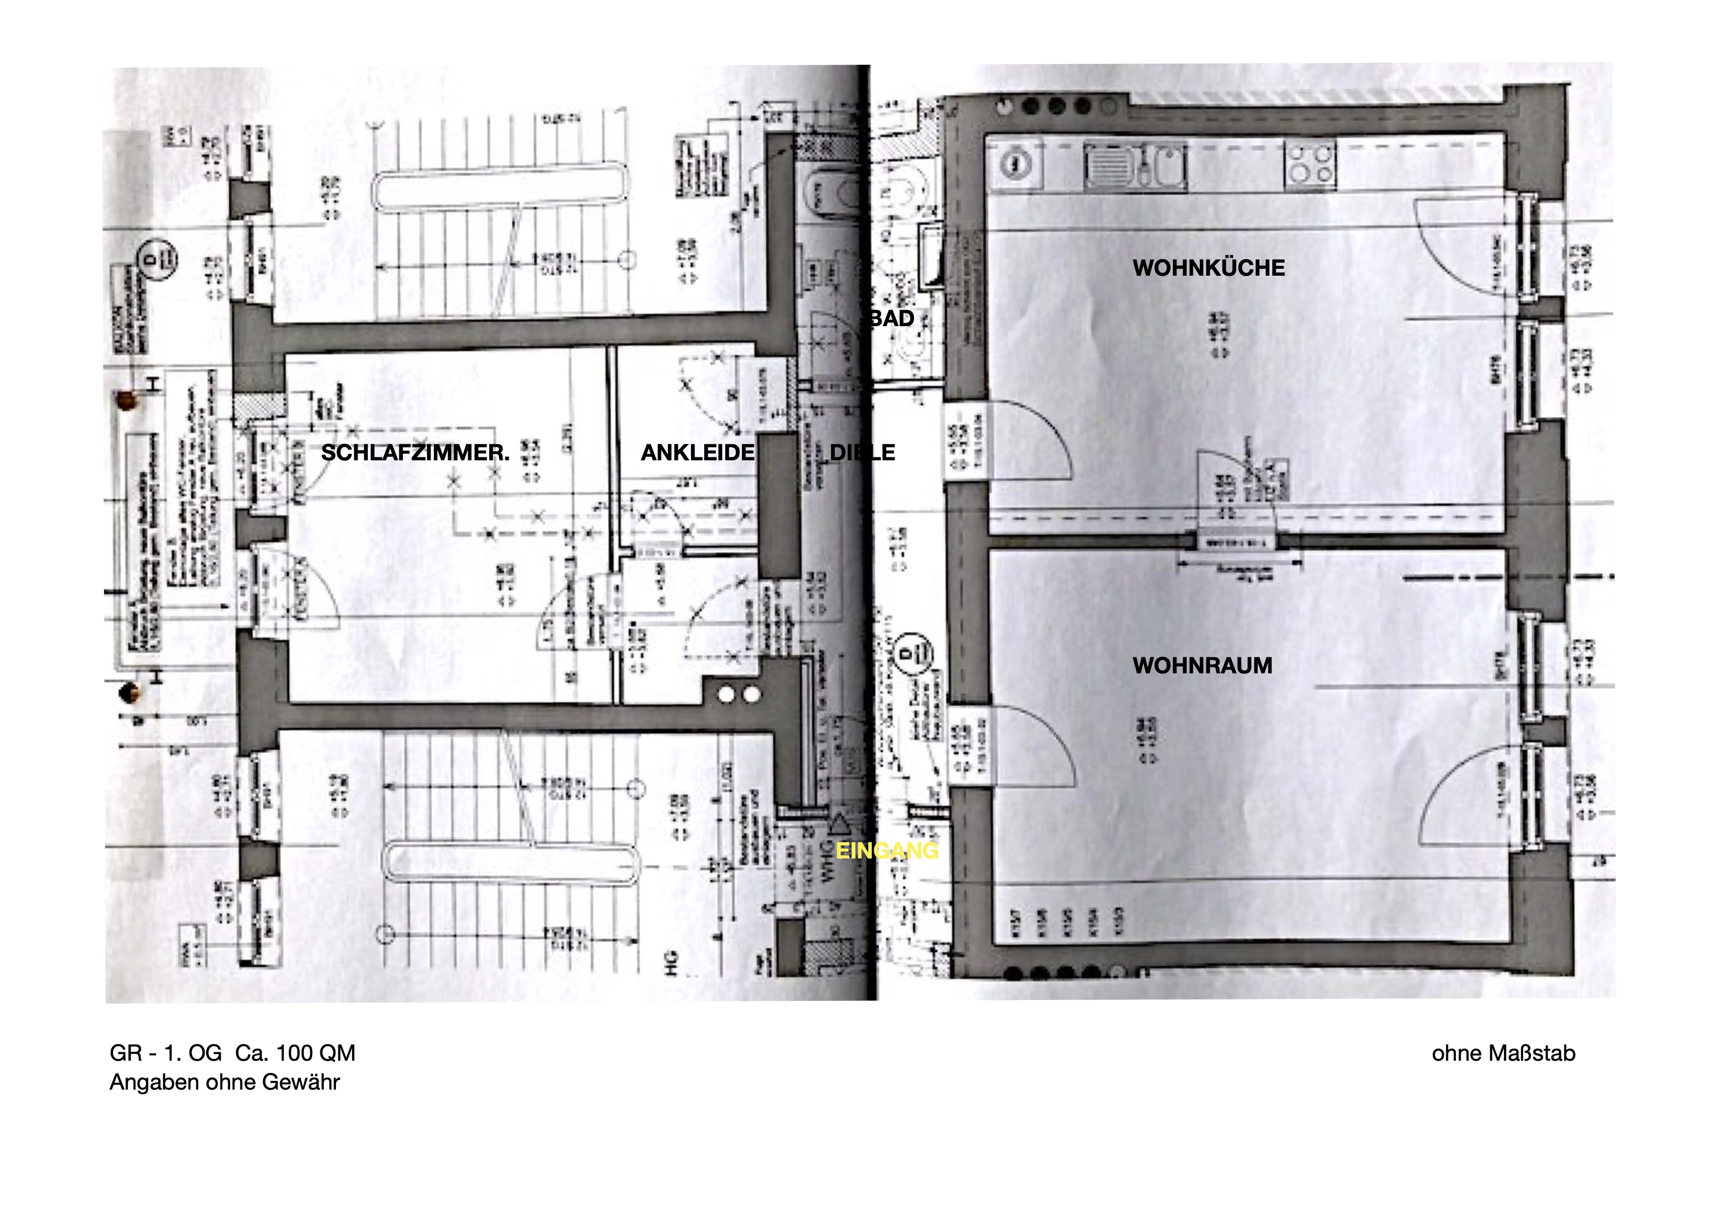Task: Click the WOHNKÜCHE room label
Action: pyautogui.click(x=1209, y=268)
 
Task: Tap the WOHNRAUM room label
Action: pyautogui.click(x=1202, y=666)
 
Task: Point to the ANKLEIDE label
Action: pyautogui.click(x=697, y=452)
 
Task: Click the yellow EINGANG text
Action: pyautogui.click(x=887, y=851)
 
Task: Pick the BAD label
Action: pyautogui.click(x=892, y=319)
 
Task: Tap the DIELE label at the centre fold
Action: pyautogui.click(x=862, y=452)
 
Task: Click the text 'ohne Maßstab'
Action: pyautogui.click(x=1503, y=1053)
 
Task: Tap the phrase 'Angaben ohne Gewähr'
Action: pyautogui.click(x=224, y=1082)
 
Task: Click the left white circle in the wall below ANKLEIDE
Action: pyautogui.click(x=725, y=695)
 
